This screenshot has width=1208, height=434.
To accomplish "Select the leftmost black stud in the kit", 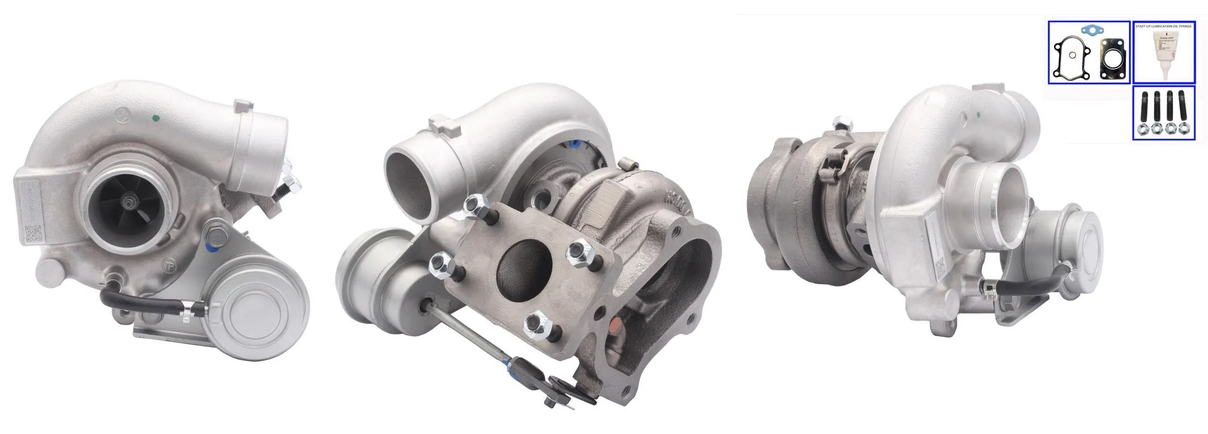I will point(1143,114).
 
